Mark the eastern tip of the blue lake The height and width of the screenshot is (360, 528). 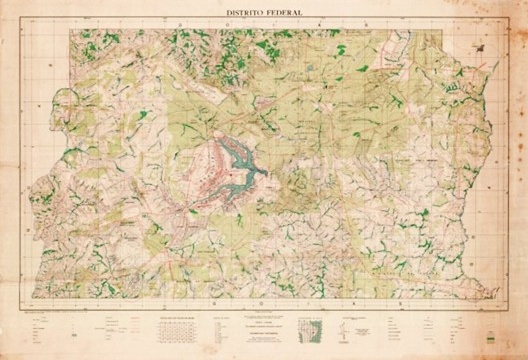coord(268,169)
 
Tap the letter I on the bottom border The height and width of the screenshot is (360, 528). coord(278,300)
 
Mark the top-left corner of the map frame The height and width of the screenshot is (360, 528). coord(70,27)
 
